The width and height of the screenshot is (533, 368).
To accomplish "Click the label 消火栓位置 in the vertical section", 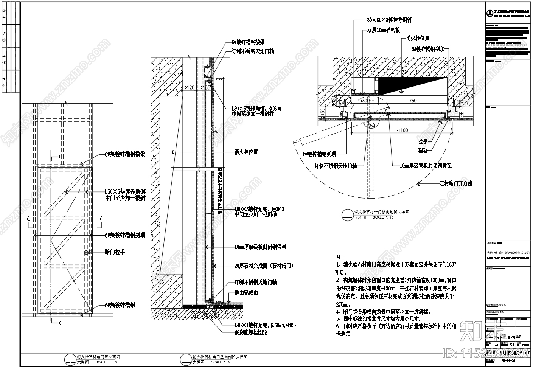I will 246,152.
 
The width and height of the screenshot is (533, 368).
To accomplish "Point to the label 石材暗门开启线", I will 456,184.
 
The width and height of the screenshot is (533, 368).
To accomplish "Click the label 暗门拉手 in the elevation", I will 115,252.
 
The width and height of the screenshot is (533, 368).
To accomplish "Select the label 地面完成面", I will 246,293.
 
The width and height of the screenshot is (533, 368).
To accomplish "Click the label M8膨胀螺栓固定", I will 251,333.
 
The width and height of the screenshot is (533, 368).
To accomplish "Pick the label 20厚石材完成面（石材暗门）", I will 264,266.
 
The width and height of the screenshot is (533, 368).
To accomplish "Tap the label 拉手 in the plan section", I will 423,141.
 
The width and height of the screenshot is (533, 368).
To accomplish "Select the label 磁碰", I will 423,151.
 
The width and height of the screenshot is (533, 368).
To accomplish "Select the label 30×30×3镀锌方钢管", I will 389,20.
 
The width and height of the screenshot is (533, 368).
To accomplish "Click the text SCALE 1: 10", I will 383,218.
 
